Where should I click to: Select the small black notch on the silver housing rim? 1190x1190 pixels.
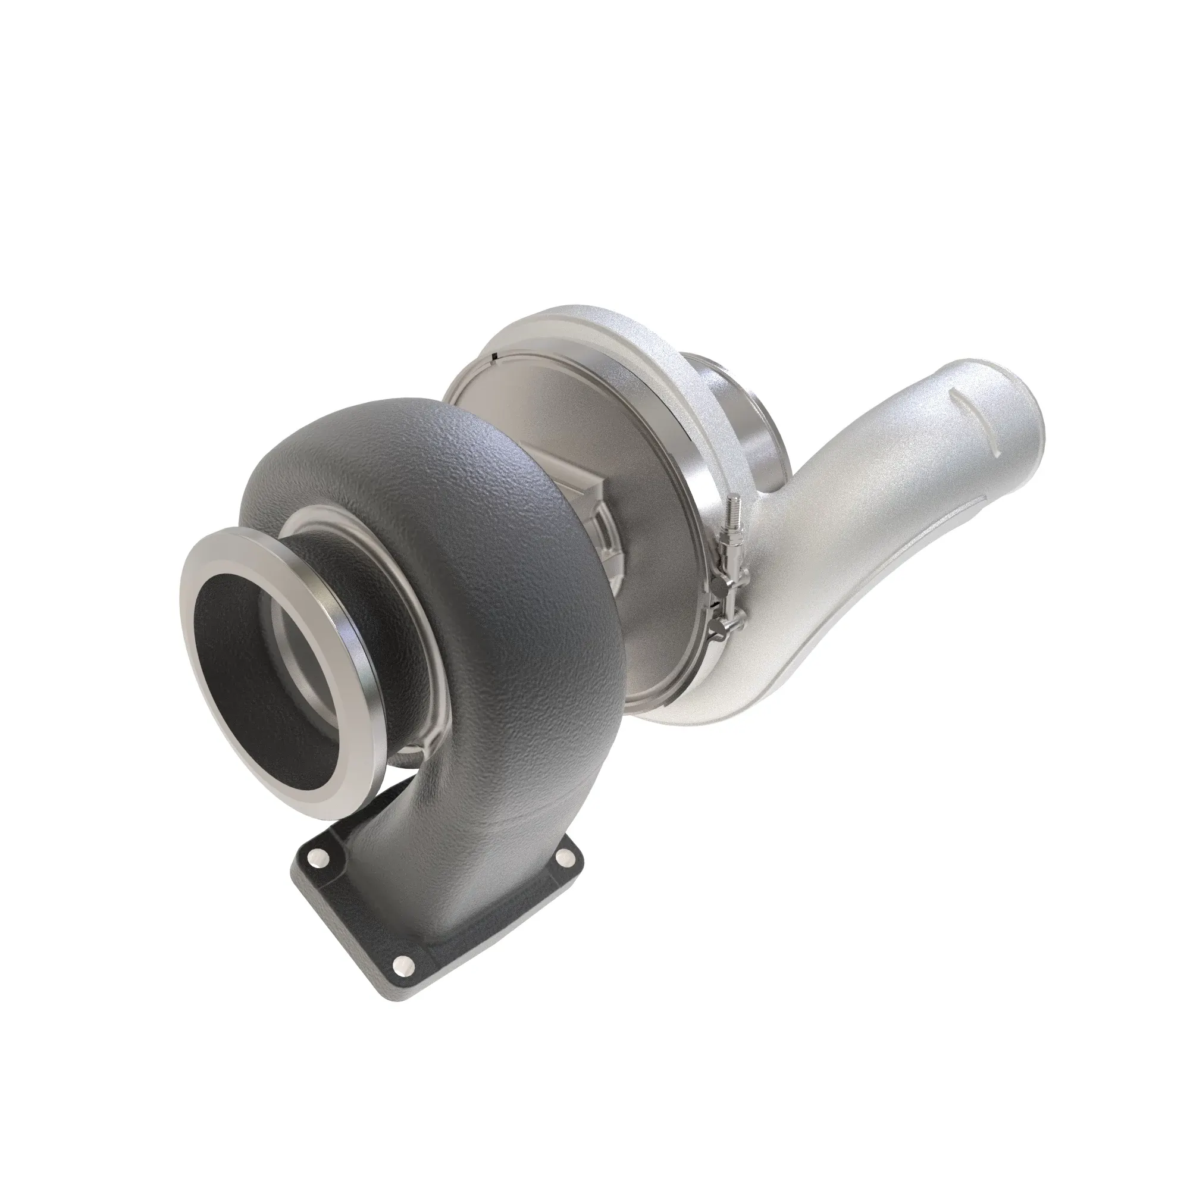pos(495,356)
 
